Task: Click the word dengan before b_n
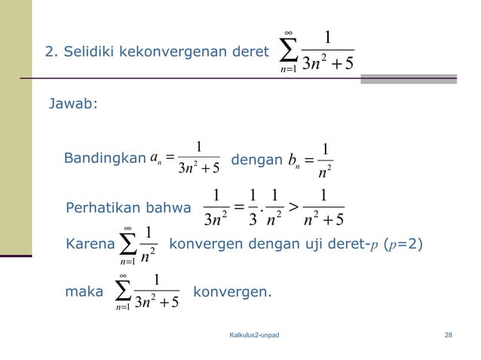pos(254,160)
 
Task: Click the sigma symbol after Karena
pos(127,245)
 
